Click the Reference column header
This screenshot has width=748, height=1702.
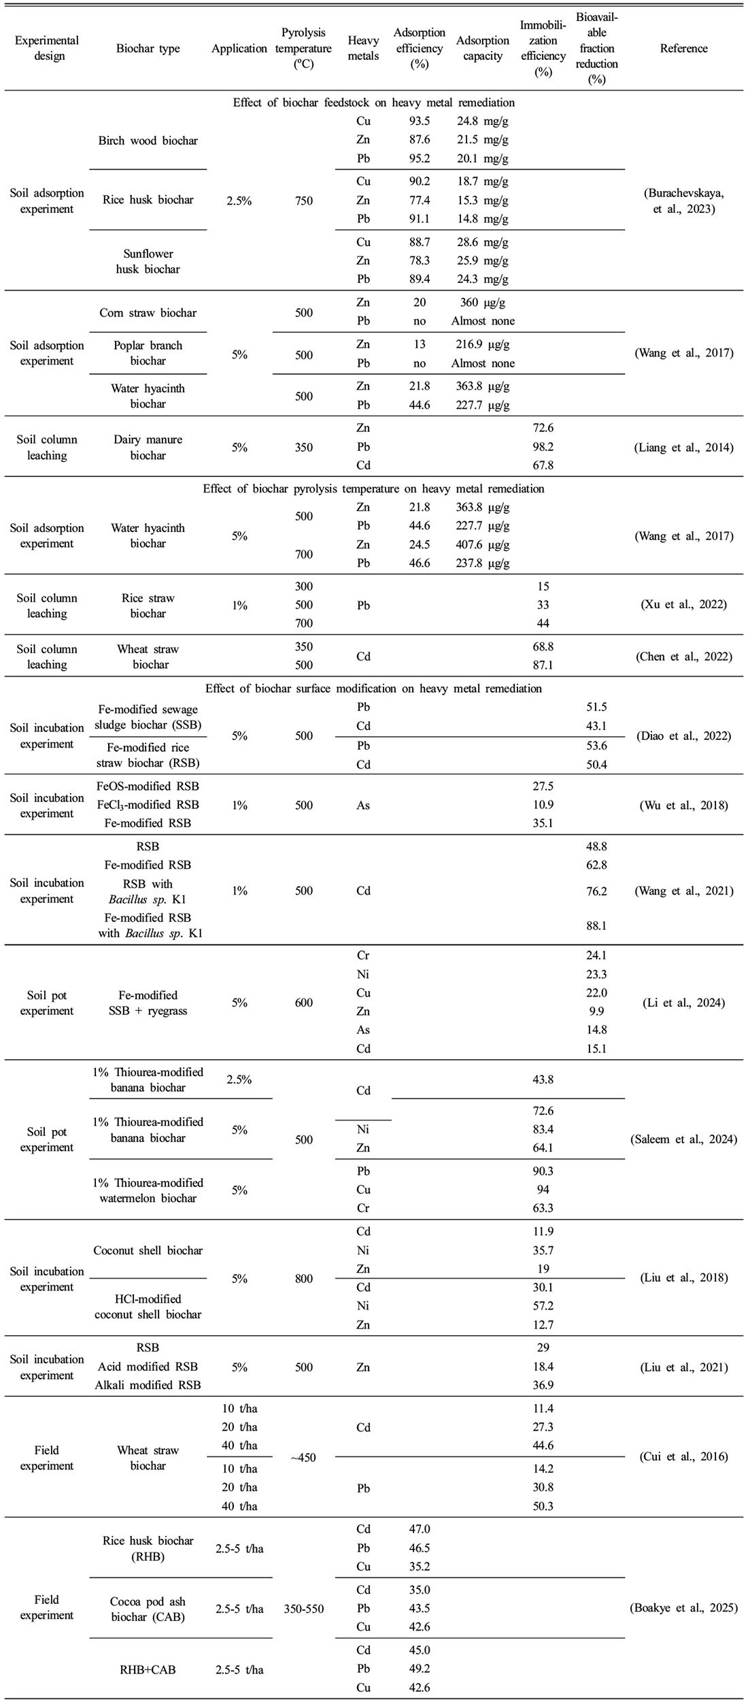coord(683,48)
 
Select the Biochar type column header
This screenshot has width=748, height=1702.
coord(148,48)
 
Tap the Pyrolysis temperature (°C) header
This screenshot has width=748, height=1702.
coord(304,48)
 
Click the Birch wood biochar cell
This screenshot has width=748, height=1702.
coord(148,141)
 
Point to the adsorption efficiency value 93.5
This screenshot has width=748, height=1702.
coord(418,121)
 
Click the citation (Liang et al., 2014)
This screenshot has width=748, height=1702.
coord(683,448)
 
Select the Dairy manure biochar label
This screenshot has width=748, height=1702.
coord(148,448)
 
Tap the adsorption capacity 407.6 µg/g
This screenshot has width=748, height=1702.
coord(483,545)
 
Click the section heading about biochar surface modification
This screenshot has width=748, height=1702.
coord(373,688)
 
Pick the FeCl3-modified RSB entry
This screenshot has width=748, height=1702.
coord(148,805)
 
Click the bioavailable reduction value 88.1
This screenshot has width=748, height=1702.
coord(596,926)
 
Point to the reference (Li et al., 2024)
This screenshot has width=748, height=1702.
coord(683,1003)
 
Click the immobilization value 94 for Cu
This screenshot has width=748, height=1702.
coord(543,1190)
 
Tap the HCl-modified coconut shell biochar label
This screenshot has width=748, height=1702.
coord(148,1307)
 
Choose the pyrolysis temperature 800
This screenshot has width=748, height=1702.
coord(304,1279)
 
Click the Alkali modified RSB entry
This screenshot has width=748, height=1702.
coord(148,1386)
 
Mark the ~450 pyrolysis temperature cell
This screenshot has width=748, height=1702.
coord(304,1458)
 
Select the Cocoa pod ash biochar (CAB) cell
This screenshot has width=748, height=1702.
coord(148,1609)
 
